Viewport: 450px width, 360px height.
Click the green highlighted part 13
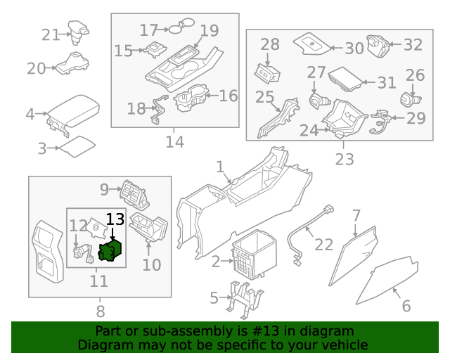click(110, 250)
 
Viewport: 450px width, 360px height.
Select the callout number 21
click(51, 34)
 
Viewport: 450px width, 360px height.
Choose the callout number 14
click(174, 142)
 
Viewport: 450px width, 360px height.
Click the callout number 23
click(344, 159)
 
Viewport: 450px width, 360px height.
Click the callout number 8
click(100, 311)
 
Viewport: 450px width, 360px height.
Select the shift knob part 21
click(77, 29)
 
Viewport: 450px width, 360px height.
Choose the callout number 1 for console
click(219, 167)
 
